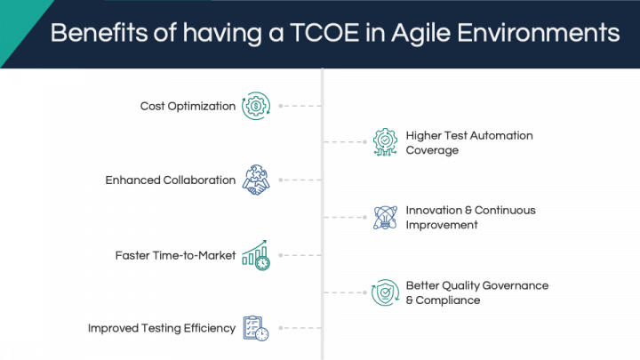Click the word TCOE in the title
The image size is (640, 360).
(324, 33)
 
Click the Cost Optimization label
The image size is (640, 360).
(188, 106)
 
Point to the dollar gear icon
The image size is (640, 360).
(256, 106)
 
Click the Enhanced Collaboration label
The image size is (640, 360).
(170, 180)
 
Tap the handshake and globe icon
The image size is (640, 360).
(256, 180)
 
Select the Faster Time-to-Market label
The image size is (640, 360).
(175, 255)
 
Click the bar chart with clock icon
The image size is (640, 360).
(256, 255)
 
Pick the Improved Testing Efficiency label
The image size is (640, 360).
(162, 328)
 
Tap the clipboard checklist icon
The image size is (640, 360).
(256, 328)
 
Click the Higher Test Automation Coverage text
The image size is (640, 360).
(469, 143)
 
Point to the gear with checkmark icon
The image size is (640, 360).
(385, 142)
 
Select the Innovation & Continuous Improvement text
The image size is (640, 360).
(470, 218)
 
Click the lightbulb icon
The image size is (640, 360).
(385, 218)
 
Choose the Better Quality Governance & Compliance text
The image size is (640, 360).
(477, 292)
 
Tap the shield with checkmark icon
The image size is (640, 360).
(385, 292)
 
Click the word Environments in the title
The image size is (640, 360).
(539, 33)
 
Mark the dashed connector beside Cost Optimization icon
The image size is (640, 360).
(300, 106)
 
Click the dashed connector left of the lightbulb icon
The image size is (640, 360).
(345, 218)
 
